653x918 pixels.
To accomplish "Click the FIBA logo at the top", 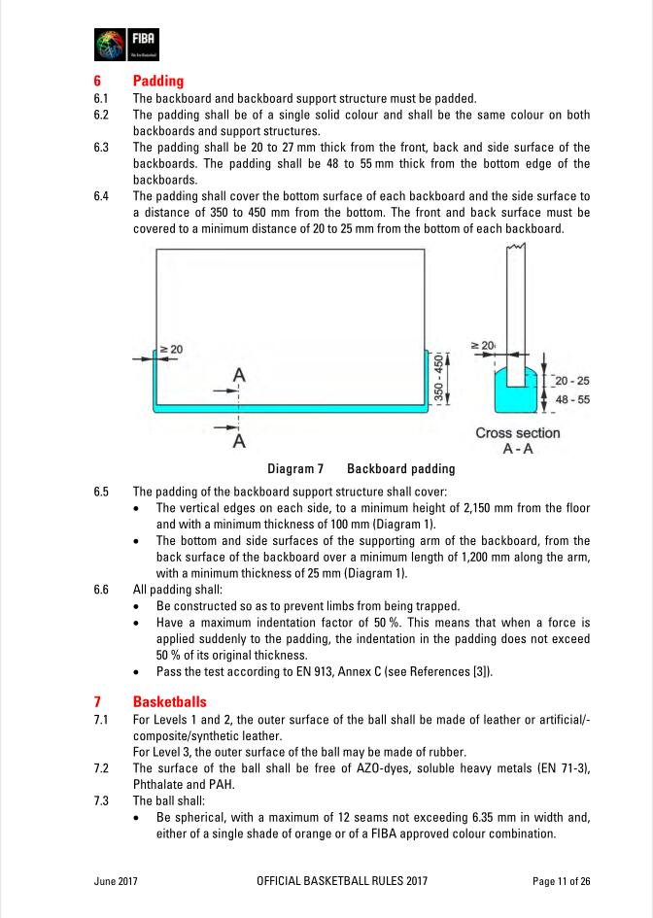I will [126, 45].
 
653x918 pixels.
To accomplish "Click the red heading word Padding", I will [158, 81].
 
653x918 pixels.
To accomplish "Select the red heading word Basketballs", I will [169, 701].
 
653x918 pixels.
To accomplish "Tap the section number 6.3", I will [101, 148].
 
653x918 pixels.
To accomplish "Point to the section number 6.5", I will [101, 492].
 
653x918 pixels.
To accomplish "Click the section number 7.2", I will [101, 769].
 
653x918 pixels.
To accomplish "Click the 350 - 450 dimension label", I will [438, 379].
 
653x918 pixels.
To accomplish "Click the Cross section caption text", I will [517, 433].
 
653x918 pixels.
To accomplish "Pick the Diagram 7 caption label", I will [295, 469].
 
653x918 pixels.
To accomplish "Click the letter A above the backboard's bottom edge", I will [239, 375].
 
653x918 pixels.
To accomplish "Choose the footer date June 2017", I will [116, 881].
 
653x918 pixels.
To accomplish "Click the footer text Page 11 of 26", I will [562, 881].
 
